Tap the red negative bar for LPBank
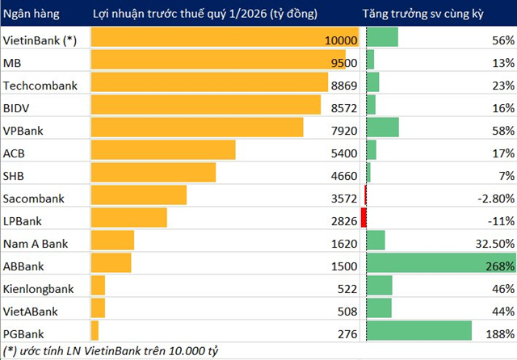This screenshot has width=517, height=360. click(x=364, y=218)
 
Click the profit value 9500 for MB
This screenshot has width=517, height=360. click(x=343, y=62)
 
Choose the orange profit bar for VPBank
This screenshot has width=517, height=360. click(x=198, y=128)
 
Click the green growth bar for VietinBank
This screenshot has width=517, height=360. click(x=382, y=37)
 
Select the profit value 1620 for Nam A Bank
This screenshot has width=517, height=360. click(x=343, y=241)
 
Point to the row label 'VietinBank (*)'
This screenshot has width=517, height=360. click(x=40, y=40)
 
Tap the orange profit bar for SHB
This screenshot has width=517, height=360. click(x=153, y=173)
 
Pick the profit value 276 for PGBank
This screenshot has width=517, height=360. click(x=346, y=331)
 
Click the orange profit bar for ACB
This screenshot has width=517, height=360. click(x=163, y=150)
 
